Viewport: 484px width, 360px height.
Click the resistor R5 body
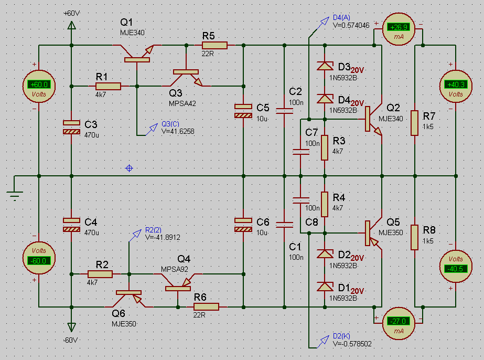coord(214,46)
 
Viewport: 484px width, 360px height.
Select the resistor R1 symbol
coord(108,86)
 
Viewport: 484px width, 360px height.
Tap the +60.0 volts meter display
coord(39,84)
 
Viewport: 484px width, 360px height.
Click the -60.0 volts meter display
coord(39,260)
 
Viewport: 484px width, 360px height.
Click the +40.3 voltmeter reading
coord(456,84)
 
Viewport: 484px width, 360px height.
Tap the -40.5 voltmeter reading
coord(456,269)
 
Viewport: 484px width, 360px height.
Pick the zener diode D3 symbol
coord(325,66)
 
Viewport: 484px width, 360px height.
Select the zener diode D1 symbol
coord(325,287)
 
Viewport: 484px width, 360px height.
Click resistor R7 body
coord(415,123)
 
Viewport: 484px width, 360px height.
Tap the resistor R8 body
coord(415,237)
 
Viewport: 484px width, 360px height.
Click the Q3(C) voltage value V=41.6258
coord(178,131)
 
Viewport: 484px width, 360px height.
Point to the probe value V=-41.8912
coord(163,237)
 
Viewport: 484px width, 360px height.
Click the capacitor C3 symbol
coord(72,128)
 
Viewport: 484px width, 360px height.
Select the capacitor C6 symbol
coord(243,225)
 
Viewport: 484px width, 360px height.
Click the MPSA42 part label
coord(182,103)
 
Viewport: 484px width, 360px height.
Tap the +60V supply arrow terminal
coord(72,25)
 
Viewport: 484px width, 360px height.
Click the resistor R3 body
coord(325,147)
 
